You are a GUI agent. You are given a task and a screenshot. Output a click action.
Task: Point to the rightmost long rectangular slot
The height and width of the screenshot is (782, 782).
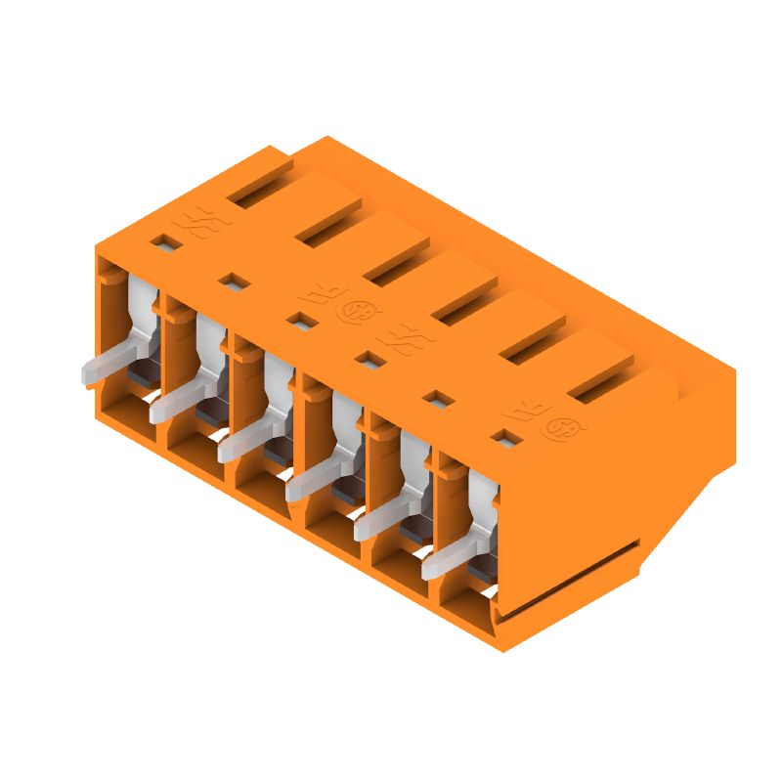coord(600,379)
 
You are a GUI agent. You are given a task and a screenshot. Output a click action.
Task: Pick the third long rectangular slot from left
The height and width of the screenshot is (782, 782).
coord(396,261)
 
